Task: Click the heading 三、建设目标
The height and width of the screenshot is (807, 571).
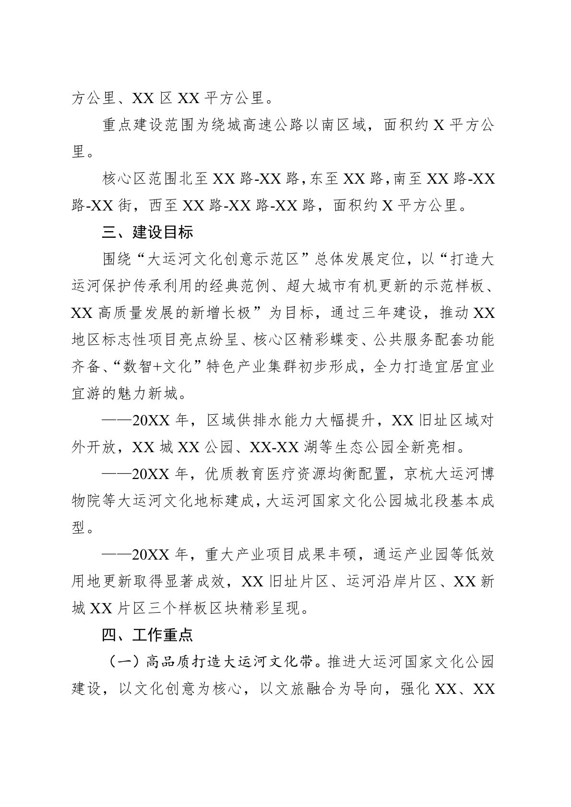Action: point(147,233)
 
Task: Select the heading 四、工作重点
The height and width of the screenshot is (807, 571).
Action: point(147,635)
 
